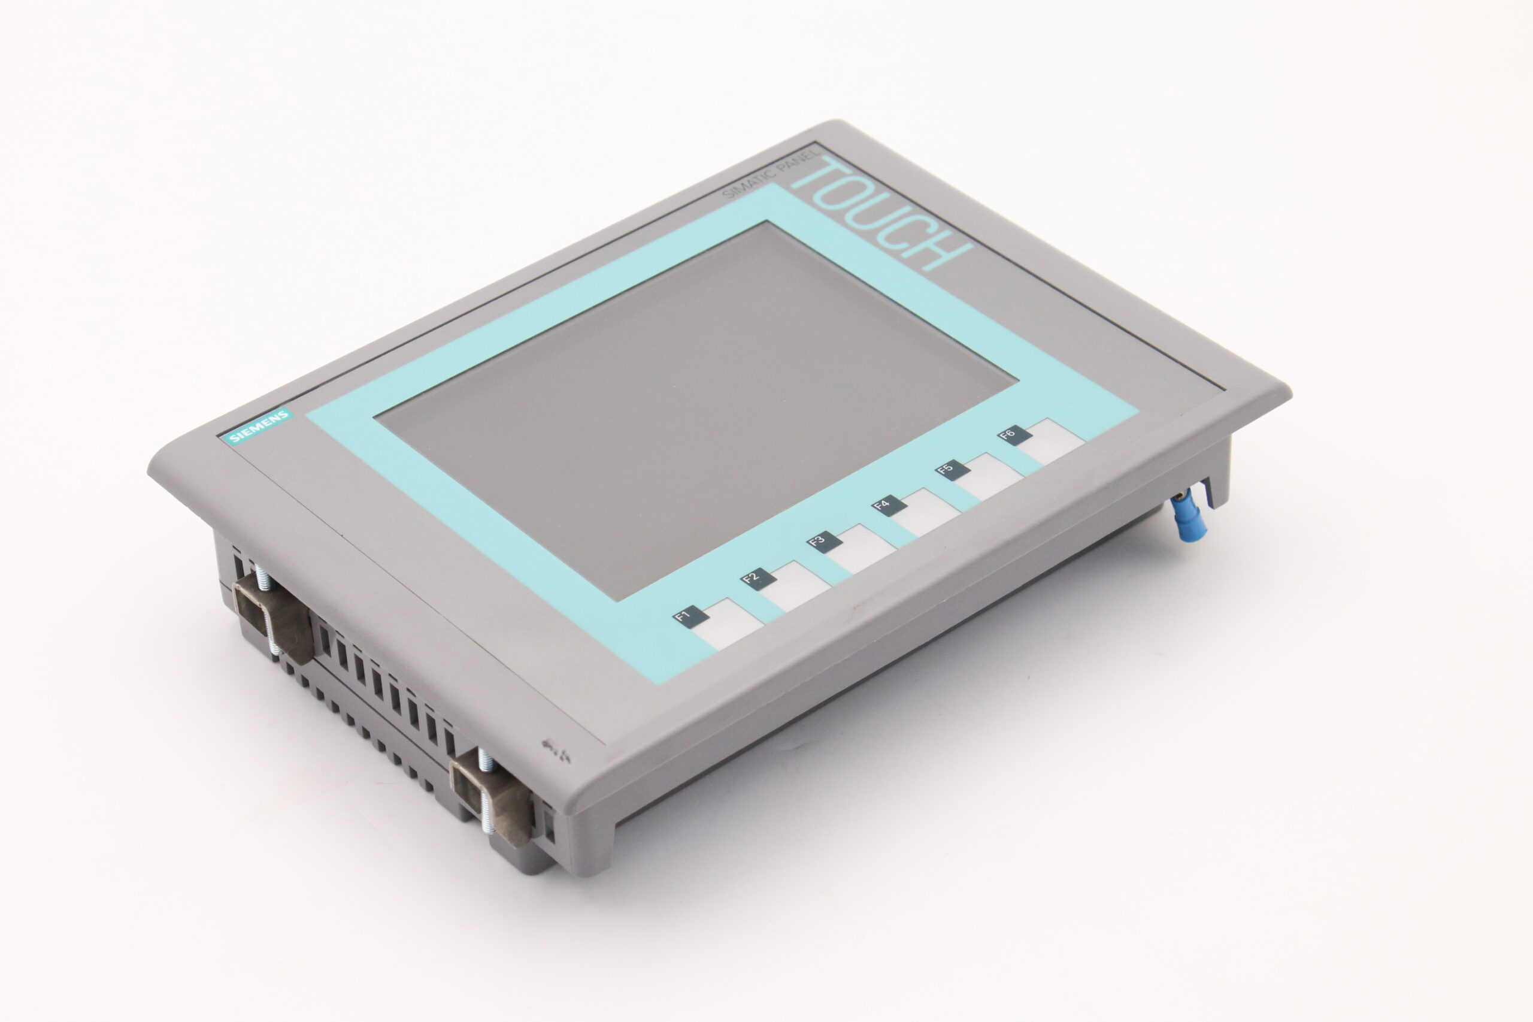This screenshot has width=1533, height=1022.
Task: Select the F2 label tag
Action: pos(755,579)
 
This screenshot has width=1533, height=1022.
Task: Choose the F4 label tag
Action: pos(887,506)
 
